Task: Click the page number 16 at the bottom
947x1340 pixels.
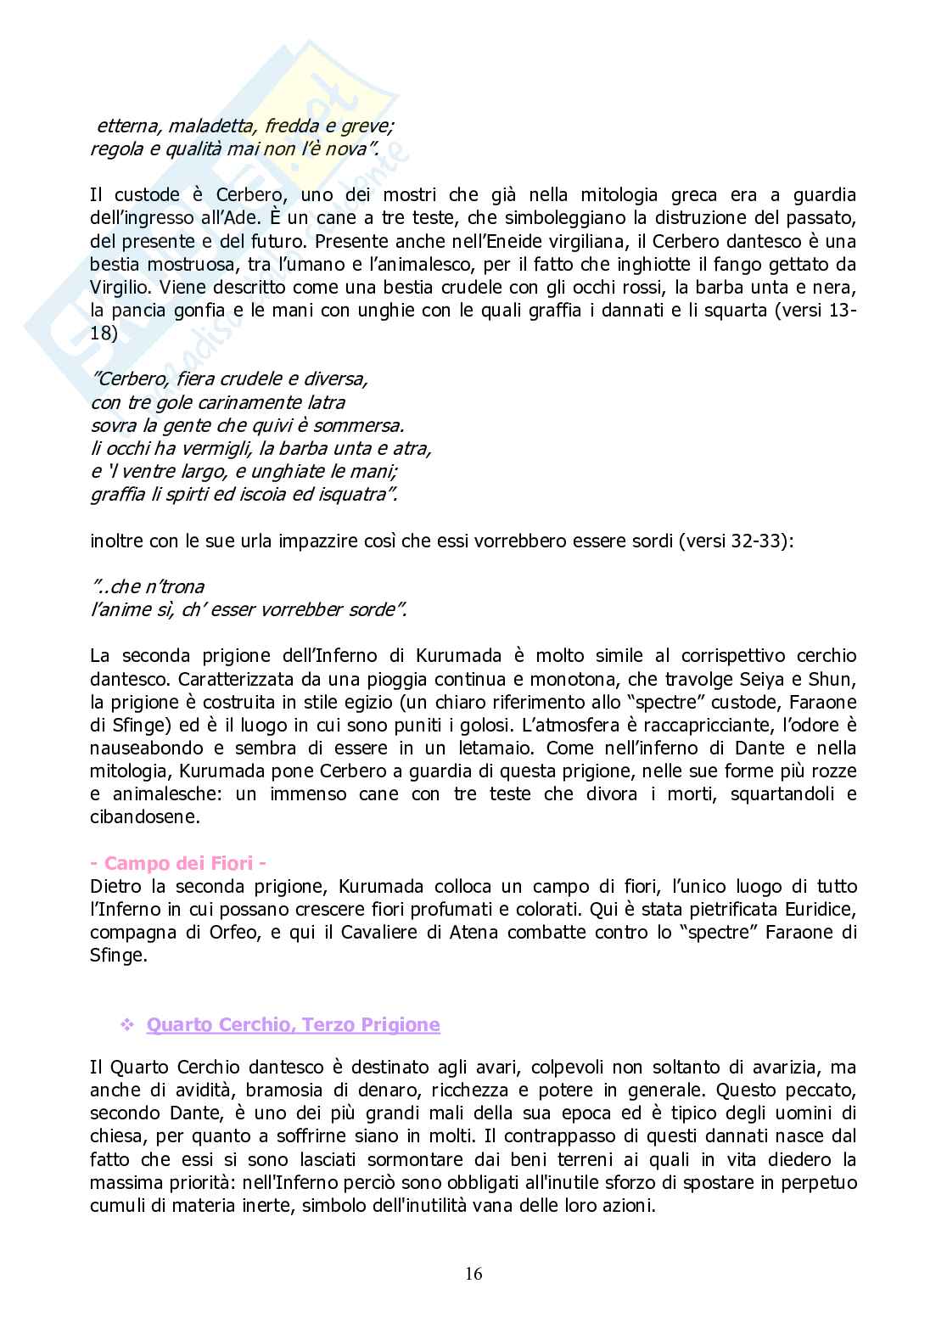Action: pos(473,1274)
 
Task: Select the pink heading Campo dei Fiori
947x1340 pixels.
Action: pos(178,864)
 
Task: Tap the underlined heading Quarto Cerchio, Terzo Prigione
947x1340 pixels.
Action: pos(293,1024)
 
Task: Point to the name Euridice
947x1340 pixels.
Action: pos(816,910)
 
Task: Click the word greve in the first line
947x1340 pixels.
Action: pos(367,126)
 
